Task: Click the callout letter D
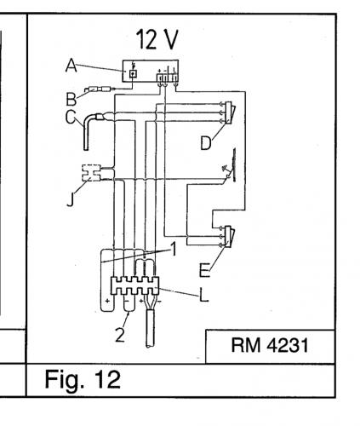pos(205,143)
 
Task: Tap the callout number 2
pos(122,333)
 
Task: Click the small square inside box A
pos(133,75)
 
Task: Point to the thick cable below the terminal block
pos(151,328)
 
